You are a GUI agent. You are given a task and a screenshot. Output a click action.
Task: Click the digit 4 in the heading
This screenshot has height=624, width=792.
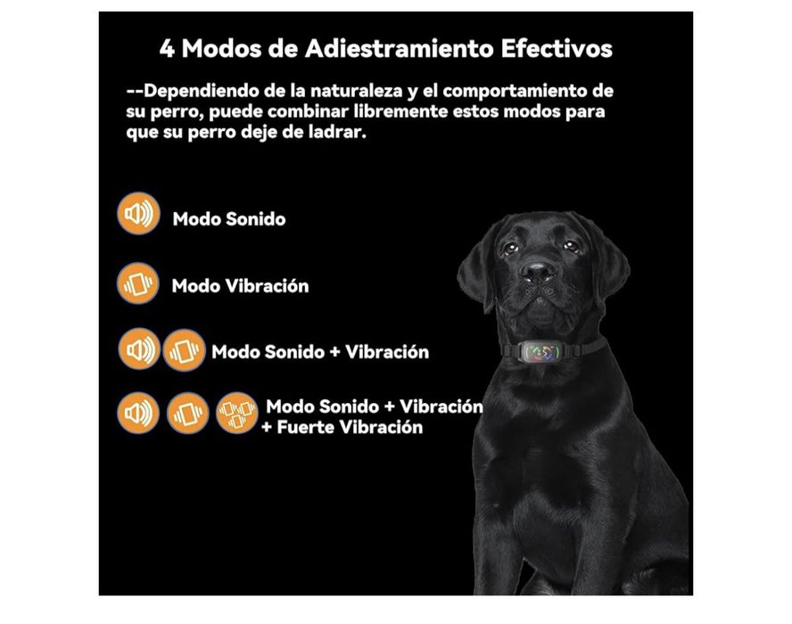(168, 48)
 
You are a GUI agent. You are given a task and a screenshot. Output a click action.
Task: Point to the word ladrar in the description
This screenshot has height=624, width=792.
(338, 131)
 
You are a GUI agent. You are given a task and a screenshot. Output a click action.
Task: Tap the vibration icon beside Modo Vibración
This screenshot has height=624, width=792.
(138, 283)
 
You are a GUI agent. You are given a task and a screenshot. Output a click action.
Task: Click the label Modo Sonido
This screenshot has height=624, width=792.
(229, 219)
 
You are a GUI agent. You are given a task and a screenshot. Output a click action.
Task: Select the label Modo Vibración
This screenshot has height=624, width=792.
(240, 286)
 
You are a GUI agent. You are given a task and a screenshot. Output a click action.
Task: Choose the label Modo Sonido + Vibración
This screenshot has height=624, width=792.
(320, 351)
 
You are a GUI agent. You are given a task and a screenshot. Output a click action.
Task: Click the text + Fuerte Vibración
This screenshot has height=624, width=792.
(342, 427)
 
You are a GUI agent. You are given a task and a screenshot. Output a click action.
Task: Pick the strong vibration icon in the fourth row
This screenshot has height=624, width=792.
(237, 413)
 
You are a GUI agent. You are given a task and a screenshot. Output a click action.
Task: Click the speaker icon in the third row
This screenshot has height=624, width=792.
(138, 350)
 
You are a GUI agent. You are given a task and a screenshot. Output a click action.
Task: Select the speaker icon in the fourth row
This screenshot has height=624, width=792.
(138, 413)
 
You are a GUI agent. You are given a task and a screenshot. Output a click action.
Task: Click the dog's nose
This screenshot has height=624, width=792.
(538, 271)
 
